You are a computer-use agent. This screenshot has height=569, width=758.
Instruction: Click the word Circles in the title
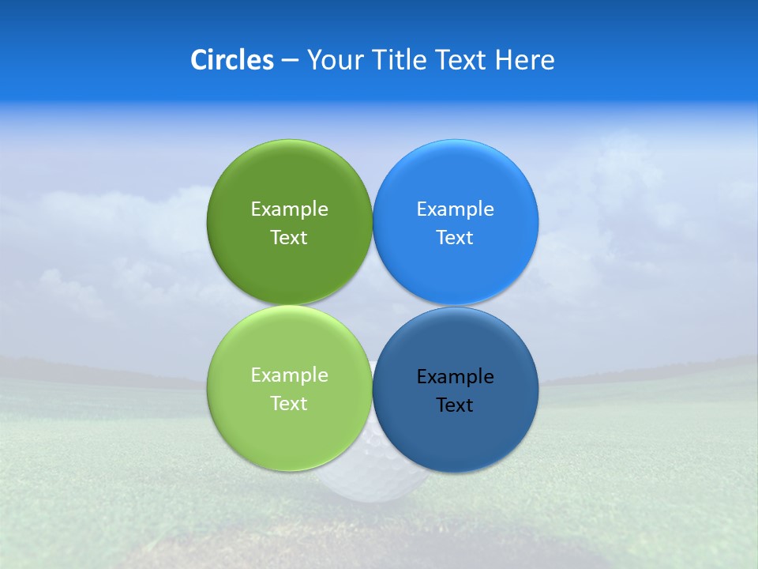[x=231, y=60]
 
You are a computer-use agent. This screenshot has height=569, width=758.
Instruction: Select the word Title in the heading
[x=400, y=60]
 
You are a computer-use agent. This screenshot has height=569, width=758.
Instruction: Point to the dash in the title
[x=290, y=61]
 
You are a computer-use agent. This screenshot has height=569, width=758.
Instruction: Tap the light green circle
[x=289, y=431]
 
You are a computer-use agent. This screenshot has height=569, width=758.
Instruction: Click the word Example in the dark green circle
[x=289, y=209]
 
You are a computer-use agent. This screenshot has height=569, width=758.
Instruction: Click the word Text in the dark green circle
[x=289, y=238]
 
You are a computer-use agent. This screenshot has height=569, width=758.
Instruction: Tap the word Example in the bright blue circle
[x=456, y=209]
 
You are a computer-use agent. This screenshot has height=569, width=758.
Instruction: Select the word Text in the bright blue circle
[x=456, y=238]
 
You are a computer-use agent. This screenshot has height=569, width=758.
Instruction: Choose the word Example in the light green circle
[x=289, y=375]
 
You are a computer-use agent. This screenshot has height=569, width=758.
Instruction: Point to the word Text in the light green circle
[x=289, y=404]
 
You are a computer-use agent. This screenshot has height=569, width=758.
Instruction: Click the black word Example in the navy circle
[x=456, y=377]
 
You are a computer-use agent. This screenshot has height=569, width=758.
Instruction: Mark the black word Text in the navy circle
[x=456, y=405]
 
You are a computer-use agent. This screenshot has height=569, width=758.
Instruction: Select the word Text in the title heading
[x=462, y=60]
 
